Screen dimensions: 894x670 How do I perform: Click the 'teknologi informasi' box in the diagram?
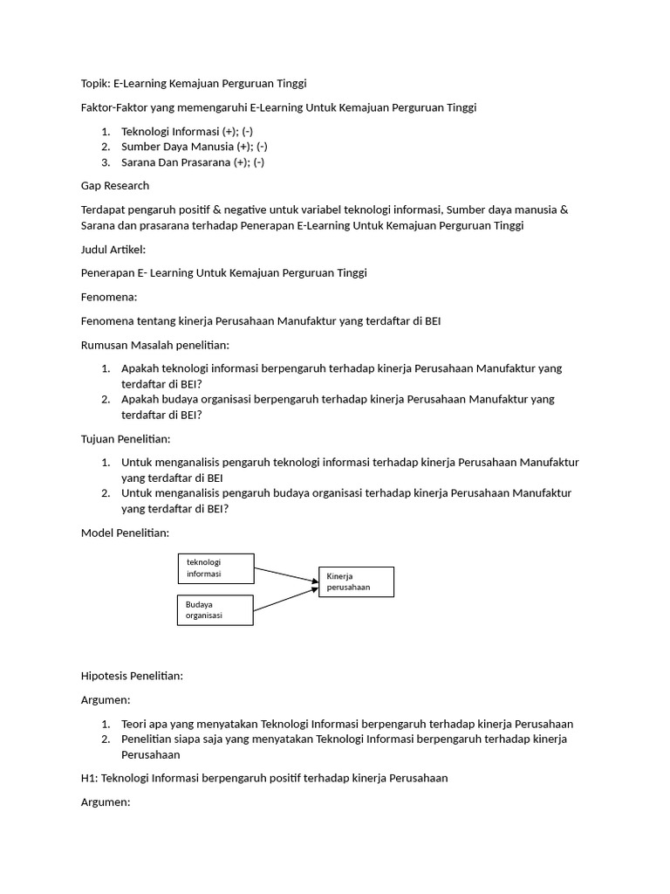coord(215,568)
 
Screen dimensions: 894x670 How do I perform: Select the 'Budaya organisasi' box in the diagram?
coord(215,609)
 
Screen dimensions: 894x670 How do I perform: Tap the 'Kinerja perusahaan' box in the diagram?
coord(355,581)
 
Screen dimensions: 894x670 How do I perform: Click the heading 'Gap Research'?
coord(114,185)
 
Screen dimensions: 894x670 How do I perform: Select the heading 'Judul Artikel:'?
coord(113,249)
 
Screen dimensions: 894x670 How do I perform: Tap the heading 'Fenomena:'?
coord(109,297)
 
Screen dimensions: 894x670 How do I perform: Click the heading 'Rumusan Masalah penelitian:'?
coord(154,345)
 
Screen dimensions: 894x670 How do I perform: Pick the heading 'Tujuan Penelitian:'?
coord(126,438)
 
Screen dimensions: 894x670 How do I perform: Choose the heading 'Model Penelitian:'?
coord(125,533)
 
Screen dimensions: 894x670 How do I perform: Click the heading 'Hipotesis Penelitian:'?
coord(132,676)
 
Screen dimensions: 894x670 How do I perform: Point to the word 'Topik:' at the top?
coord(95,83)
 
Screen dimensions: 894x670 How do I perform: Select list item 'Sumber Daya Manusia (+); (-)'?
coord(194,147)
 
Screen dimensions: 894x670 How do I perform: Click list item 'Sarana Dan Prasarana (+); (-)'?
coord(193,162)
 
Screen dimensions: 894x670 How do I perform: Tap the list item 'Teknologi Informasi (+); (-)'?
coord(187,131)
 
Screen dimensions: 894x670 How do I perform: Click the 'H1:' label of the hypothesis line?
coord(89,778)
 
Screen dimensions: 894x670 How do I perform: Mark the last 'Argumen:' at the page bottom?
coord(105,801)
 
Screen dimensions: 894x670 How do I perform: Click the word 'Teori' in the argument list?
coord(135,724)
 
